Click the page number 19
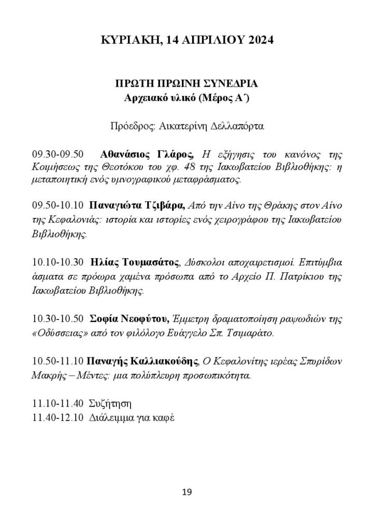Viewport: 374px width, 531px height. click(x=187, y=492)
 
